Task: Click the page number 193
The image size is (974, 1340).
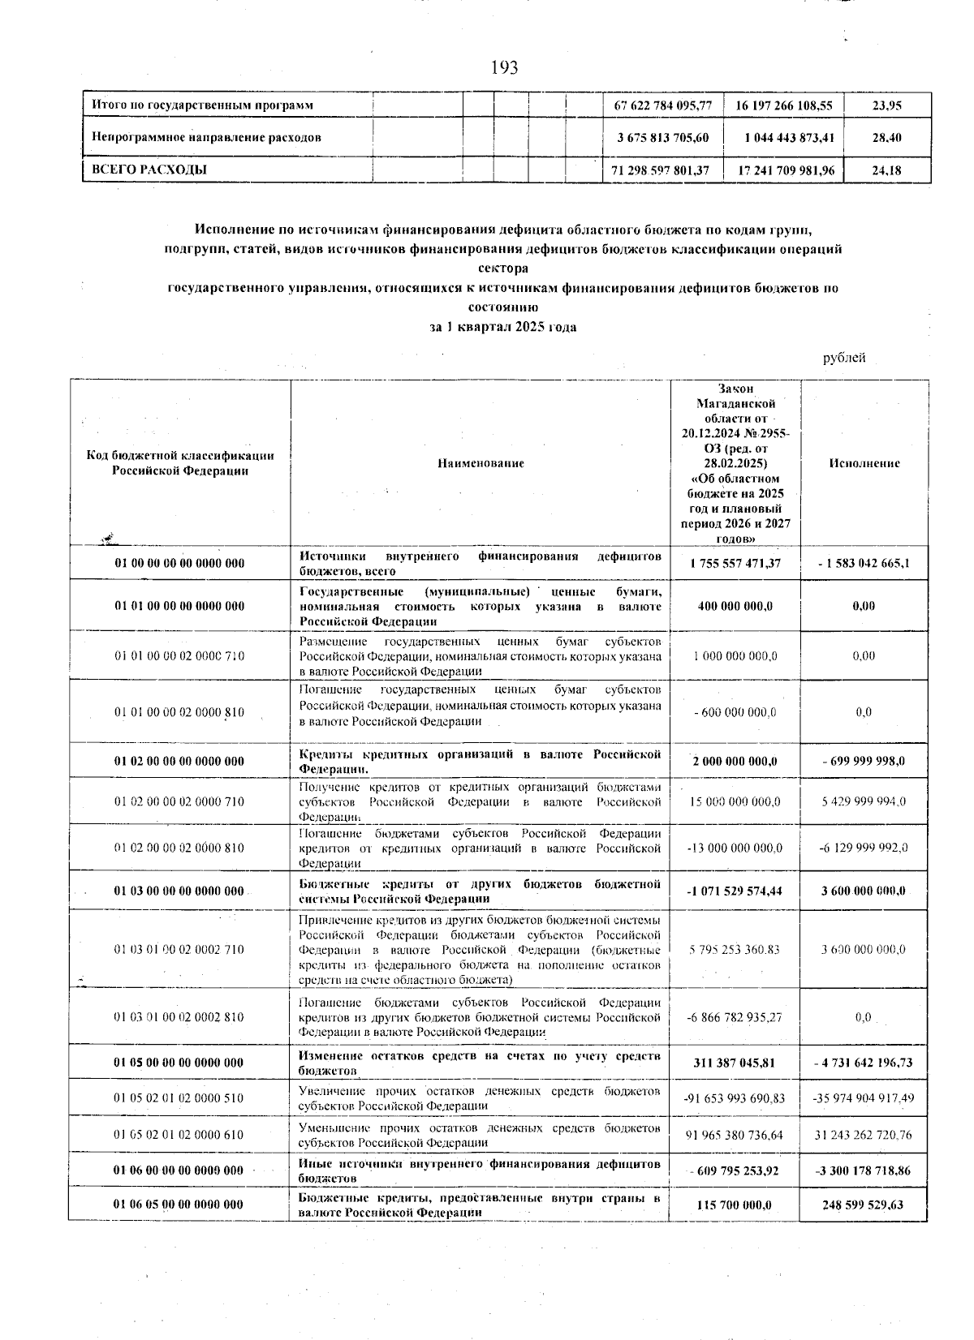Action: tap(504, 67)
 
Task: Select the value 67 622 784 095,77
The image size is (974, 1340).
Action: tap(663, 105)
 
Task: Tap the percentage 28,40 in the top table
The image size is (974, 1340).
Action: tap(886, 138)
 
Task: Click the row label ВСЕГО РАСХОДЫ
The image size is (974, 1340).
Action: tap(149, 170)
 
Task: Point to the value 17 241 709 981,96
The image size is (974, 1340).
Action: tap(784, 170)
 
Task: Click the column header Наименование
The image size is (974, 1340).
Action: tap(481, 463)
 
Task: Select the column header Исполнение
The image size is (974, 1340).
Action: tap(864, 463)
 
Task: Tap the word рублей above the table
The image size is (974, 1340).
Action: tap(844, 358)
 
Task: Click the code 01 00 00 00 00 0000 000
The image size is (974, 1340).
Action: tap(179, 562)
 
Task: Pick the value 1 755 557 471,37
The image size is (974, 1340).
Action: tap(735, 562)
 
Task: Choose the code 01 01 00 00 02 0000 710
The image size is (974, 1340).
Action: tap(179, 655)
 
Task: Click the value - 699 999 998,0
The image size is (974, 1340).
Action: tap(864, 761)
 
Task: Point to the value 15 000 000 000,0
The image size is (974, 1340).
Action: tap(735, 801)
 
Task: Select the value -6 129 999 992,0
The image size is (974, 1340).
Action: tap(864, 848)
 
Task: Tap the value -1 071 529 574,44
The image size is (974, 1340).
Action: tap(735, 891)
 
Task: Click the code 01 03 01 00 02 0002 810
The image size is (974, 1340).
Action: tap(179, 1017)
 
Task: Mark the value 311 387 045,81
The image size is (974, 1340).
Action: tap(735, 1062)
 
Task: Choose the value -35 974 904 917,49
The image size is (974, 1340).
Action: tap(864, 1098)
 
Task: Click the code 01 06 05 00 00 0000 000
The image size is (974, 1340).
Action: tap(179, 1205)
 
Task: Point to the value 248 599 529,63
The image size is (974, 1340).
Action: tap(864, 1205)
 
